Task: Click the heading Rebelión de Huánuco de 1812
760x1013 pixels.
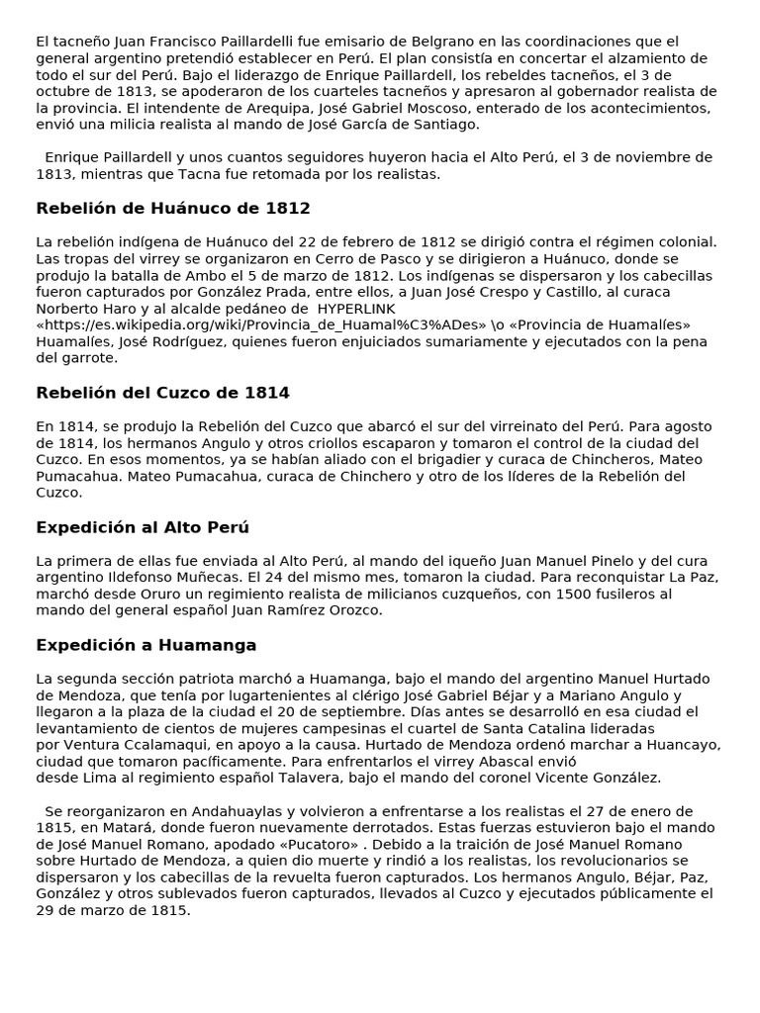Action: coord(173,209)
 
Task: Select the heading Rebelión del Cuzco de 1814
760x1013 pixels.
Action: coord(162,393)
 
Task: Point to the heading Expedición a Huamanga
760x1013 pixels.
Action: coord(146,645)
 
